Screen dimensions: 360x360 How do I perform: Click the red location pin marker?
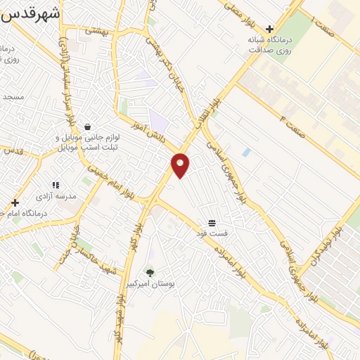[x=181, y=164]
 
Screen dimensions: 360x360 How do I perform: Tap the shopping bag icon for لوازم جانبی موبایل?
[x=86, y=127]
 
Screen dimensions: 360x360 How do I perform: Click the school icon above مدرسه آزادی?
[x=56, y=185]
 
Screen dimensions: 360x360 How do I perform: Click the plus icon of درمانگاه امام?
[x=15, y=202]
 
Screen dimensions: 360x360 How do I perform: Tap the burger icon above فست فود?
[x=212, y=222]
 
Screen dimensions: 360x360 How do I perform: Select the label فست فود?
[x=212, y=233]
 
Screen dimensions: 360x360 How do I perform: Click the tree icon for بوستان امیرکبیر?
[x=149, y=271]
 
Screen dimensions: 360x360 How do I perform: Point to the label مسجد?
[x=13, y=96]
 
